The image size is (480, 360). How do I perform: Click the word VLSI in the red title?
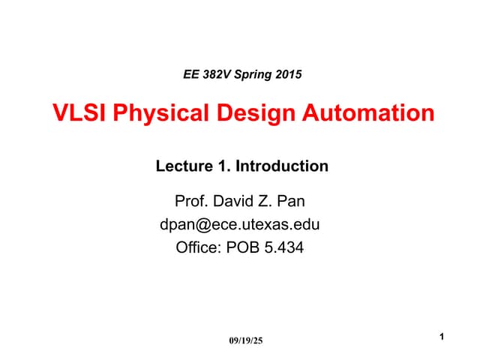pyautogui.click(x=78, y=114)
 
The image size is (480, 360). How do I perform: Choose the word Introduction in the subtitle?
pyautogui.click(x=282, y=166)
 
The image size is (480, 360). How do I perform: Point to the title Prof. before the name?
pyautogui.click(x=190, y=201)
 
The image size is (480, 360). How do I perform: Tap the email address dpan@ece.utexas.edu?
pyautogui.click(x=241, y=223)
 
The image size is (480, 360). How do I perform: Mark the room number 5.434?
pyautogui.click(x=284, y=246)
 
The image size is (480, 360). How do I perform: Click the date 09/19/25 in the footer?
pyautogui.click(x=246, y=341)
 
